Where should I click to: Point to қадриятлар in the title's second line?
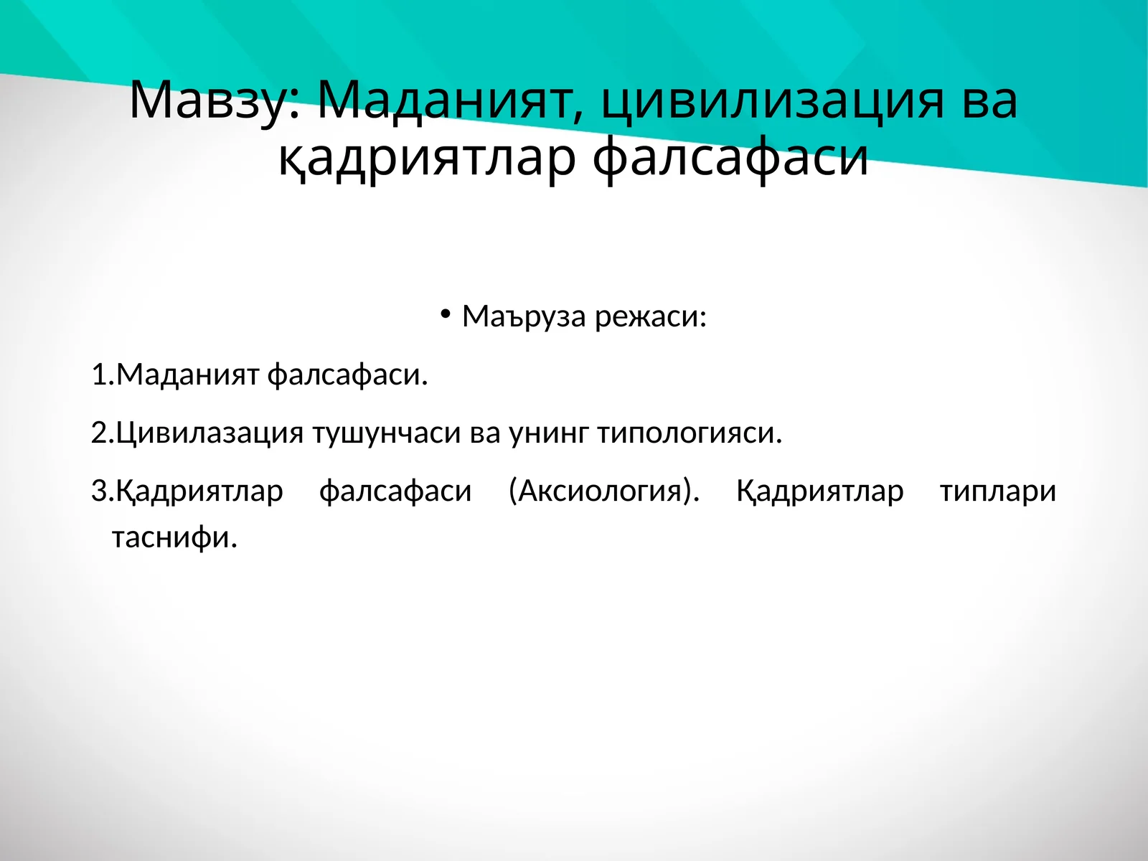427,158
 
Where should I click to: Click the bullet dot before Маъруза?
446,314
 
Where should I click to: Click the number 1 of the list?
99,375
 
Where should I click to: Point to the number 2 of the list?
99,433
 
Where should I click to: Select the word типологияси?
689,433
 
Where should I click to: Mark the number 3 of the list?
99,491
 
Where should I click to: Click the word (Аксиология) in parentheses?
603,491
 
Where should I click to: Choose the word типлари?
997,491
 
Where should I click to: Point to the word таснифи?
174,537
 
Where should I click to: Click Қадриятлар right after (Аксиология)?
819,491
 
